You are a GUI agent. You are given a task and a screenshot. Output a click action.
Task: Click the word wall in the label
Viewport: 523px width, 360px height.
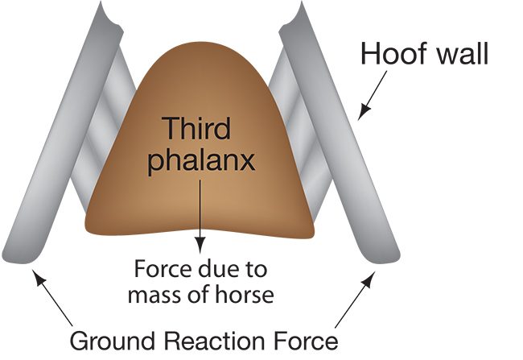click(459, 55)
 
